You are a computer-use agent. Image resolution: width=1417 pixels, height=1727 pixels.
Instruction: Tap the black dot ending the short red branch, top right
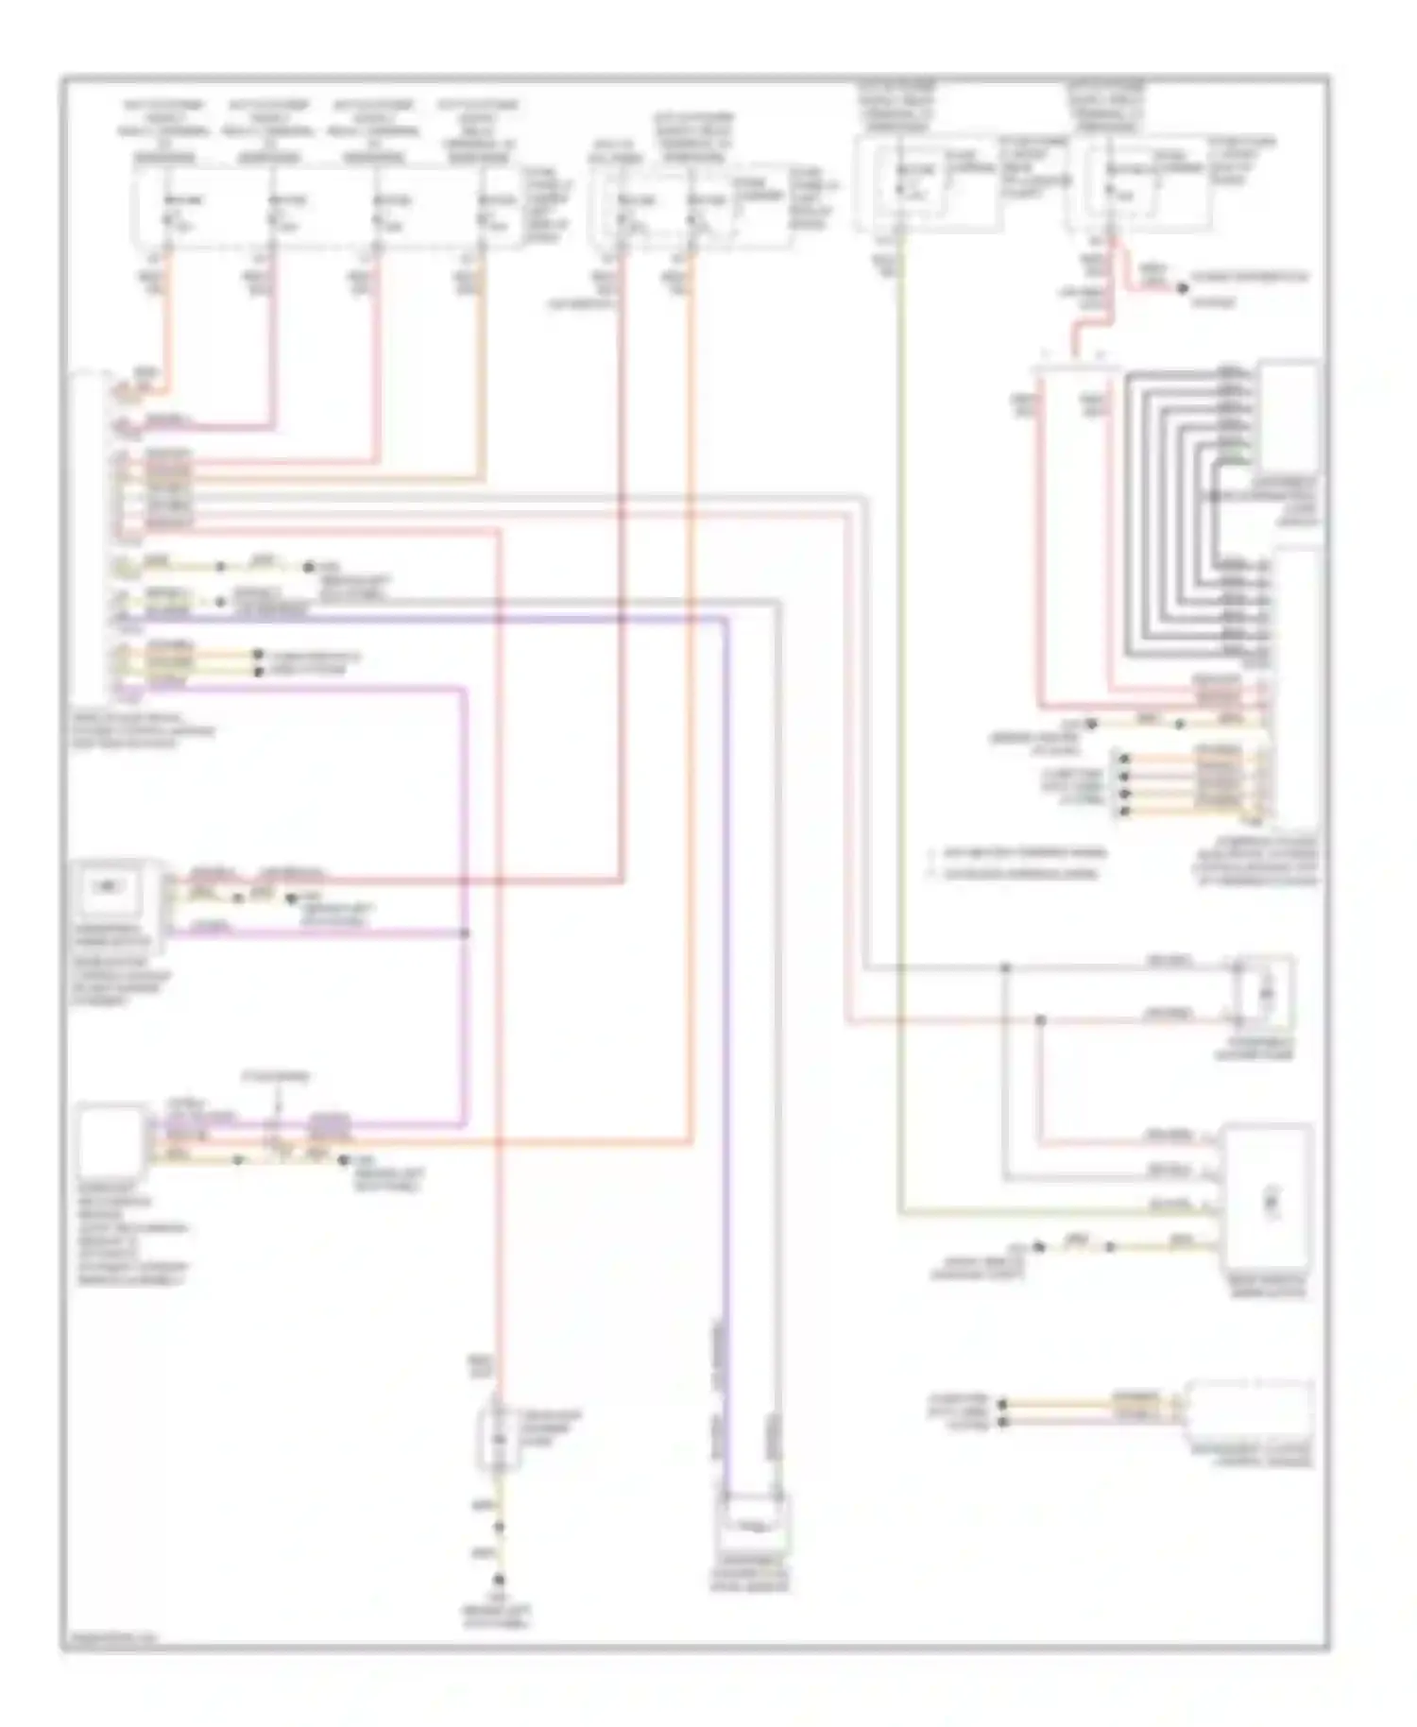(1182, 288)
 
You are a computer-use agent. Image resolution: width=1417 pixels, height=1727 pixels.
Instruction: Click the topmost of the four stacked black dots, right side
(1123, 758)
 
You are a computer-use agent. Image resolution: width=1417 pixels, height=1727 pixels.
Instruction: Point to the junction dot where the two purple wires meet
(465, 933)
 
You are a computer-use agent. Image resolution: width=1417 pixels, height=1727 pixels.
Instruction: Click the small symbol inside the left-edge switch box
(111, 886)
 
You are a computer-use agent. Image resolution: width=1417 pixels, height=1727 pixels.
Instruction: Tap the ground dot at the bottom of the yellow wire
(500, 1581)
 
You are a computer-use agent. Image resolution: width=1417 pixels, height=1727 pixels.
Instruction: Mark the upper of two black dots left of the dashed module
(1003, 1405)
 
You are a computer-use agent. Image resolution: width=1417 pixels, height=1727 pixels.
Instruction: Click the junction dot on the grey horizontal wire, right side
(1005, 968)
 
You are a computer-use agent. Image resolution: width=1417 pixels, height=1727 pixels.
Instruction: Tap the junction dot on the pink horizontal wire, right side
(1040, 1020)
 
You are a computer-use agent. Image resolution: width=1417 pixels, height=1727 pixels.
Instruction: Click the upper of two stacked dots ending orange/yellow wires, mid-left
(257, 655)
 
